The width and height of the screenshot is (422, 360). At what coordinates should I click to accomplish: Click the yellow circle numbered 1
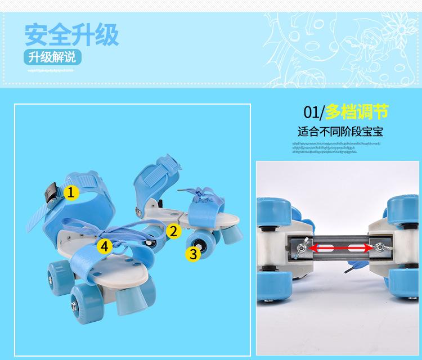(x=70, y=193)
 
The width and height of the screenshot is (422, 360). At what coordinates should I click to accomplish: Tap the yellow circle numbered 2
(x=173, y=231)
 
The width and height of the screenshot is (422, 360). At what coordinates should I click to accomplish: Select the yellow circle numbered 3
(x=193, y=254)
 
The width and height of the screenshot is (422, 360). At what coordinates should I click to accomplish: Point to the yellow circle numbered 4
(x=104, y=246)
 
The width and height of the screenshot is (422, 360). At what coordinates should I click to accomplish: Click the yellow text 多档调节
(x=357, y=111)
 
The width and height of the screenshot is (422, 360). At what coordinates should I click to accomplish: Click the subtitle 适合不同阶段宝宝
(x=340, y=133)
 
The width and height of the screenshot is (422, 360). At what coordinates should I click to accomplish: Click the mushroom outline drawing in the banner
(x=315, y=39)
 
